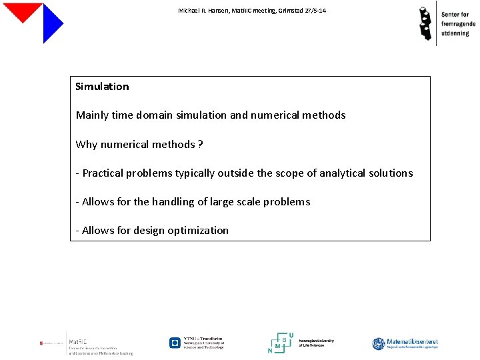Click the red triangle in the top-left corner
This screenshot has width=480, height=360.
coord(23,10)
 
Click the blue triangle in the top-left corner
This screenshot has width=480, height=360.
coord(51,24)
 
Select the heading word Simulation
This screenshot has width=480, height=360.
coord(102,87)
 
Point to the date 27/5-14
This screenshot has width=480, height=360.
coord(315,11)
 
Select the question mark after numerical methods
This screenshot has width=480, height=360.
coord(201,144)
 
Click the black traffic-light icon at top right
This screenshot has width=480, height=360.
coord(425,23)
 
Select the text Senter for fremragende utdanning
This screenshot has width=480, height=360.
coord(459,23)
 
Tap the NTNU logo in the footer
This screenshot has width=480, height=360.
coord(196,343)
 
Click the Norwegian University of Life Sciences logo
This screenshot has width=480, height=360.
coord(301,343)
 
